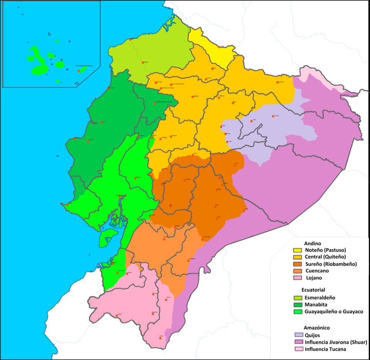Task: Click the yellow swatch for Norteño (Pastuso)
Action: [298, 250]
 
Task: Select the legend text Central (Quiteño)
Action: [325, 257]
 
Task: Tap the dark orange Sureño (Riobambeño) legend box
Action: [298, 264]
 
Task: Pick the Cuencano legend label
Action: [318, 271]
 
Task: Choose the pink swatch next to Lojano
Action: [298, 278]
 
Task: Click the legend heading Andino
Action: [313, 243]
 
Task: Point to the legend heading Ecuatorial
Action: [314, 290]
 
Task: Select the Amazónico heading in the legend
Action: [316, 328]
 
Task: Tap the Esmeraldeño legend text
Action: [320, 297]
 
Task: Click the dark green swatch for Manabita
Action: [298, 305]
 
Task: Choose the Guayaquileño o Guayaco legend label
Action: [334, 311]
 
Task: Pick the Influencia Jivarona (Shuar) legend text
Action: [336, 342]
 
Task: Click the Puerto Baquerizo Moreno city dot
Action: [79, 71]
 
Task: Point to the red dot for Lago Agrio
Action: [277, 82]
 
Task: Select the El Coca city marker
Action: [273, 116]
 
